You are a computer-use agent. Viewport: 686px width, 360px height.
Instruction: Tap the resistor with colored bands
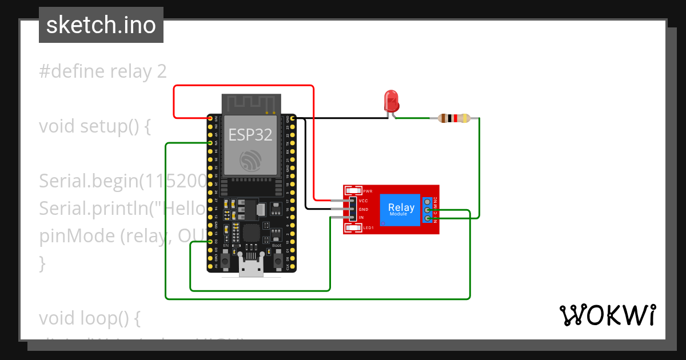[453, 118]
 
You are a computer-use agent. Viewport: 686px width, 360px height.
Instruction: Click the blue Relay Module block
[401, 209]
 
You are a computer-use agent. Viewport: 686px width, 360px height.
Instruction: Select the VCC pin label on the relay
[363, 201]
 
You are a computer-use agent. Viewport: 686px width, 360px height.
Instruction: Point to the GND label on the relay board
[363, 210]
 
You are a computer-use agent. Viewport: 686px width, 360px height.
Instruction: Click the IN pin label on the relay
[361, 218]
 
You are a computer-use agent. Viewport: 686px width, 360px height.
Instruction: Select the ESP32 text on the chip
[250, 134]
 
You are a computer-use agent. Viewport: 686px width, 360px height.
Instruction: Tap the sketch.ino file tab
[101, 25]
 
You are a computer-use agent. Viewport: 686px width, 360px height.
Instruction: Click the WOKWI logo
[607, 315]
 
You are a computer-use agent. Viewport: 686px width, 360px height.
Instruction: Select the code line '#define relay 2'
[103, 71]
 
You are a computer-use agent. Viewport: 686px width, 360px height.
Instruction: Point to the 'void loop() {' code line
[89, 317]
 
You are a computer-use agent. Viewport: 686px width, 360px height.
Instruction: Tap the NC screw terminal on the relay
[427, 202]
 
